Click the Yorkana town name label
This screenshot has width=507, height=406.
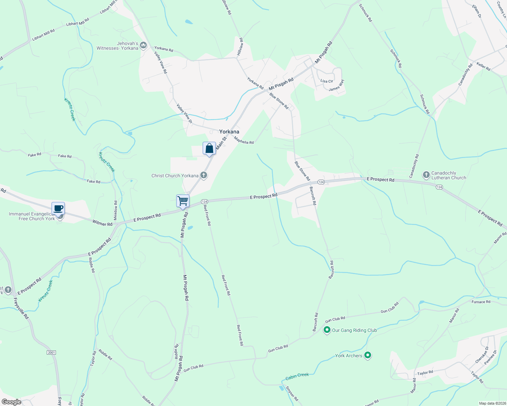(229, 132)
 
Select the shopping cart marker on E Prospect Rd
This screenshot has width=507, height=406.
(183, 201)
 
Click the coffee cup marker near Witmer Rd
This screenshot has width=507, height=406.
(58, 208)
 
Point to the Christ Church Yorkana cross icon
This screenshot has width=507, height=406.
(203, 175)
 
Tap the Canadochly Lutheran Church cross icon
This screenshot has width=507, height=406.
(426, 175)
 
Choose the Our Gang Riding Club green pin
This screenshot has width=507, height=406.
(327, 330)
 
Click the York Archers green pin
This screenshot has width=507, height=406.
(368, 355)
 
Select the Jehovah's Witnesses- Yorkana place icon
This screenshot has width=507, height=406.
(143, 45)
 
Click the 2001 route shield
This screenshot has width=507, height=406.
(51, 353)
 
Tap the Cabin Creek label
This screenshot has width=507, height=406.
(297, 376)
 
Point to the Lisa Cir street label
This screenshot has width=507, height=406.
(327, 81)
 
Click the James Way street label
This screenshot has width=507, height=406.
(337, 86)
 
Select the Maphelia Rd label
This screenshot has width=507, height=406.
(244, 140)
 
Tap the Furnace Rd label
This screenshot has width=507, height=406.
(481, 302)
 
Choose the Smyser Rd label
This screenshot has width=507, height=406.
(292, 393)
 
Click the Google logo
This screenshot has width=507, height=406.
(11, 402)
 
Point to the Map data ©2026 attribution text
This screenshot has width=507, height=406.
(492, 403)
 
